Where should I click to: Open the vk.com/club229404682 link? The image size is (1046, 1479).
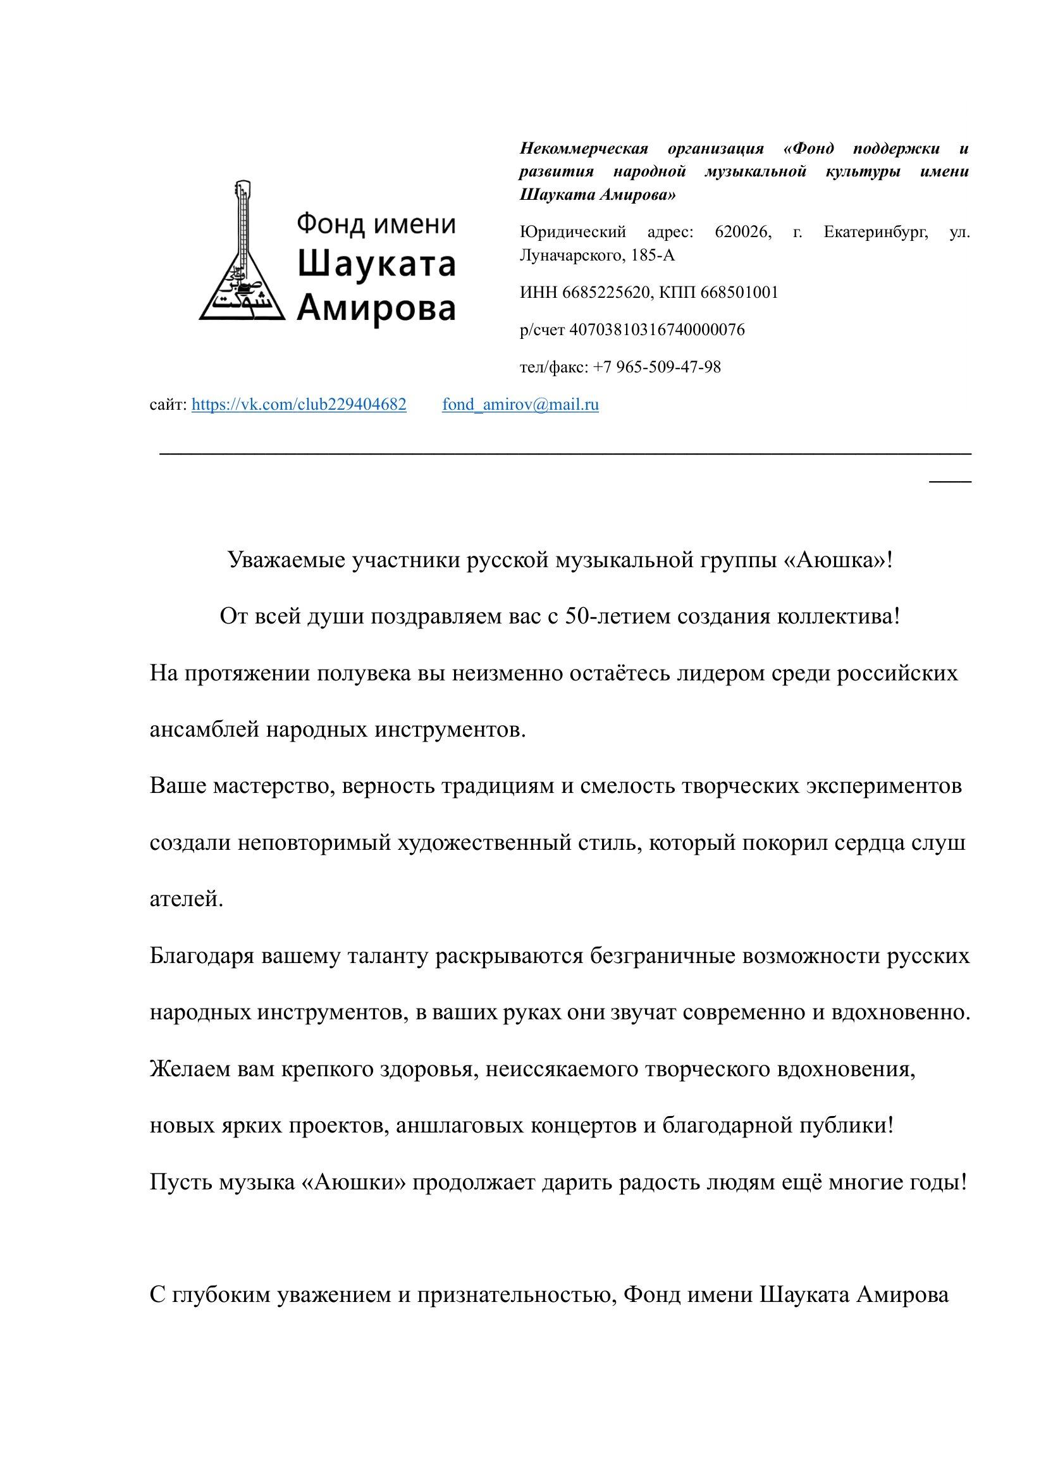click(x=299, y=405)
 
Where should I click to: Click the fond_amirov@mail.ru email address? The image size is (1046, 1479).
click(x=520, y=405)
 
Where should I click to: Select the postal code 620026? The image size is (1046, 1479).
click(x=742, y=231)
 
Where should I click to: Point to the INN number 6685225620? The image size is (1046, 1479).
click(x=606, y=293)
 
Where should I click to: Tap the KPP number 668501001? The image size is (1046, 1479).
click(x=739, y=293)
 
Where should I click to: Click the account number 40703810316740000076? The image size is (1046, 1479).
click(x=658, y=330)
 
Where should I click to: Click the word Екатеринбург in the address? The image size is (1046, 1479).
click(x=876, y=231)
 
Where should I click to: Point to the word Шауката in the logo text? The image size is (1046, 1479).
click(x=377, y=265)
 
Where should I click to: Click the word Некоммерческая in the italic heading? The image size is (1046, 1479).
click(x=584, y=149)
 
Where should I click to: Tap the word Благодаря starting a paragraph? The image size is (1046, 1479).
click(x=202, y=957)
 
